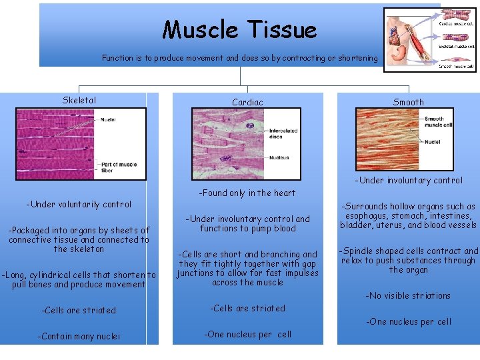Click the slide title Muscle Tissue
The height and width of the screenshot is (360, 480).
[x=239, y=30]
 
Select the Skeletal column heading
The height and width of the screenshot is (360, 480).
[x=79, y=101]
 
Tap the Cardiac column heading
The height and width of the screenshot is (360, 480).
[x=247, y=102]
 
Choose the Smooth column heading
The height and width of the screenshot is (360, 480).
[x=408, y=102]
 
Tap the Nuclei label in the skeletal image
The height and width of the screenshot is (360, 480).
[x=108, y=120]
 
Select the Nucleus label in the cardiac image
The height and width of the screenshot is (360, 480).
[x=279, y=158]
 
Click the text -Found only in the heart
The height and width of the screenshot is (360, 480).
[x=247, y=193]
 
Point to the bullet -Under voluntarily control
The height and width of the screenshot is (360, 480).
[x=79, y=205]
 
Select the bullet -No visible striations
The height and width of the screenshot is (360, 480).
[x=408, y=296]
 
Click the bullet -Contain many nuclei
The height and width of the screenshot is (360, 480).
[x=79, y=337]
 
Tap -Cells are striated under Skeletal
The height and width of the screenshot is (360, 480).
[x=79, y=311]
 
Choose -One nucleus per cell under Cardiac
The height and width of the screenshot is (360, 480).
[x=247, y=335]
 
